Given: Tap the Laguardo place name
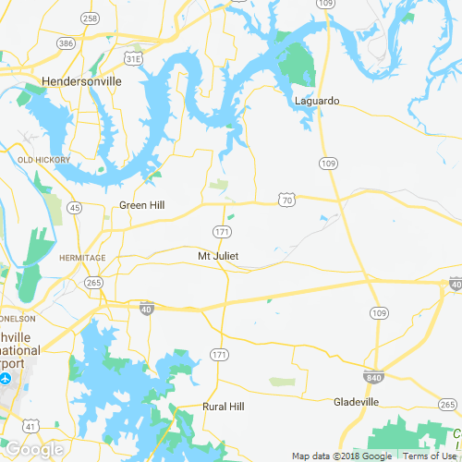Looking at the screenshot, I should tap(317, 100).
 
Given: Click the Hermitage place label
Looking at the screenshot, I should tap(82, 257).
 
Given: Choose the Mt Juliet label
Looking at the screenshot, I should tap(219, 256).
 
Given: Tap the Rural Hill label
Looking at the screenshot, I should tap(225, 406).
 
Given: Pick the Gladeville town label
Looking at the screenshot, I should tap(356, 402).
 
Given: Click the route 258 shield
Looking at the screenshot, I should tap(90, 18).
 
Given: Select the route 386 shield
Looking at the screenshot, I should tap(65, 43).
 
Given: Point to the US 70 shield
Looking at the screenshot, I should tap(289, 199).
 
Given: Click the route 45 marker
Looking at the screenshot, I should tap(75, 206).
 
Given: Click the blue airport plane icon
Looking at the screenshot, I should tap(6, 379).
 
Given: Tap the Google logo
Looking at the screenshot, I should tap(33, 450).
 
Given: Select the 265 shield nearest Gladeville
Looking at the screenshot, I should tap(447, 405).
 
